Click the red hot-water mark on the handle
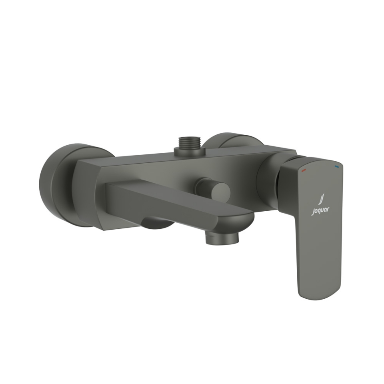(x=304, y=170)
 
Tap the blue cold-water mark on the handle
(x=337, y=165)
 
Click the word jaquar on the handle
(x=320, y=210)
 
